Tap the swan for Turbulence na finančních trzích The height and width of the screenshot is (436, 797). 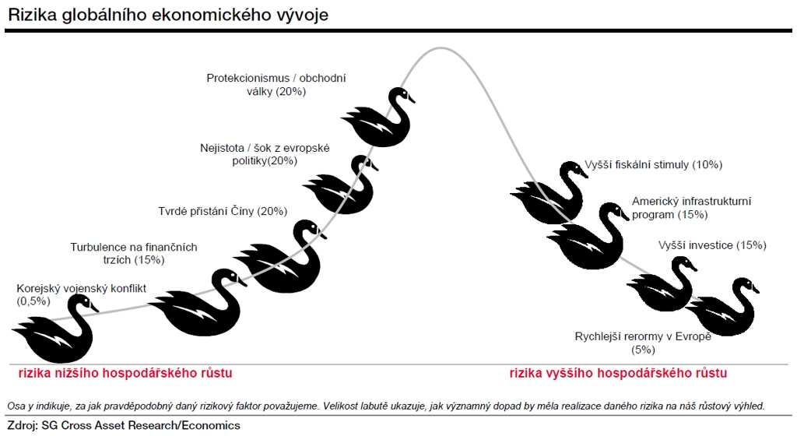[203, 308]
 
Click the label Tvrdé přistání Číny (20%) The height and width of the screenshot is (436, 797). [223, 212]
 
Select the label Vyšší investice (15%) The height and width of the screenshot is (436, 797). [712, 245]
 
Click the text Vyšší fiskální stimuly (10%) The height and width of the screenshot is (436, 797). [653, 164]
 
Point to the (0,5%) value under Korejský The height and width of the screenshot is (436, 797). [33, 301]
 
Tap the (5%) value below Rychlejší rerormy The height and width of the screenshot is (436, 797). [643, 350]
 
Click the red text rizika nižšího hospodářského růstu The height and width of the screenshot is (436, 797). [125, 373]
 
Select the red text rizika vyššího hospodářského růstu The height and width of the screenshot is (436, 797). [618, 373]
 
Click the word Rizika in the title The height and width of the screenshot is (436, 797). [33, 15]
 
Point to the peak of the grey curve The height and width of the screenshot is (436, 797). [441, 48]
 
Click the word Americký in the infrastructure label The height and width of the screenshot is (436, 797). [655, 202]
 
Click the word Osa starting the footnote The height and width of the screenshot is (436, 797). [16, 406]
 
